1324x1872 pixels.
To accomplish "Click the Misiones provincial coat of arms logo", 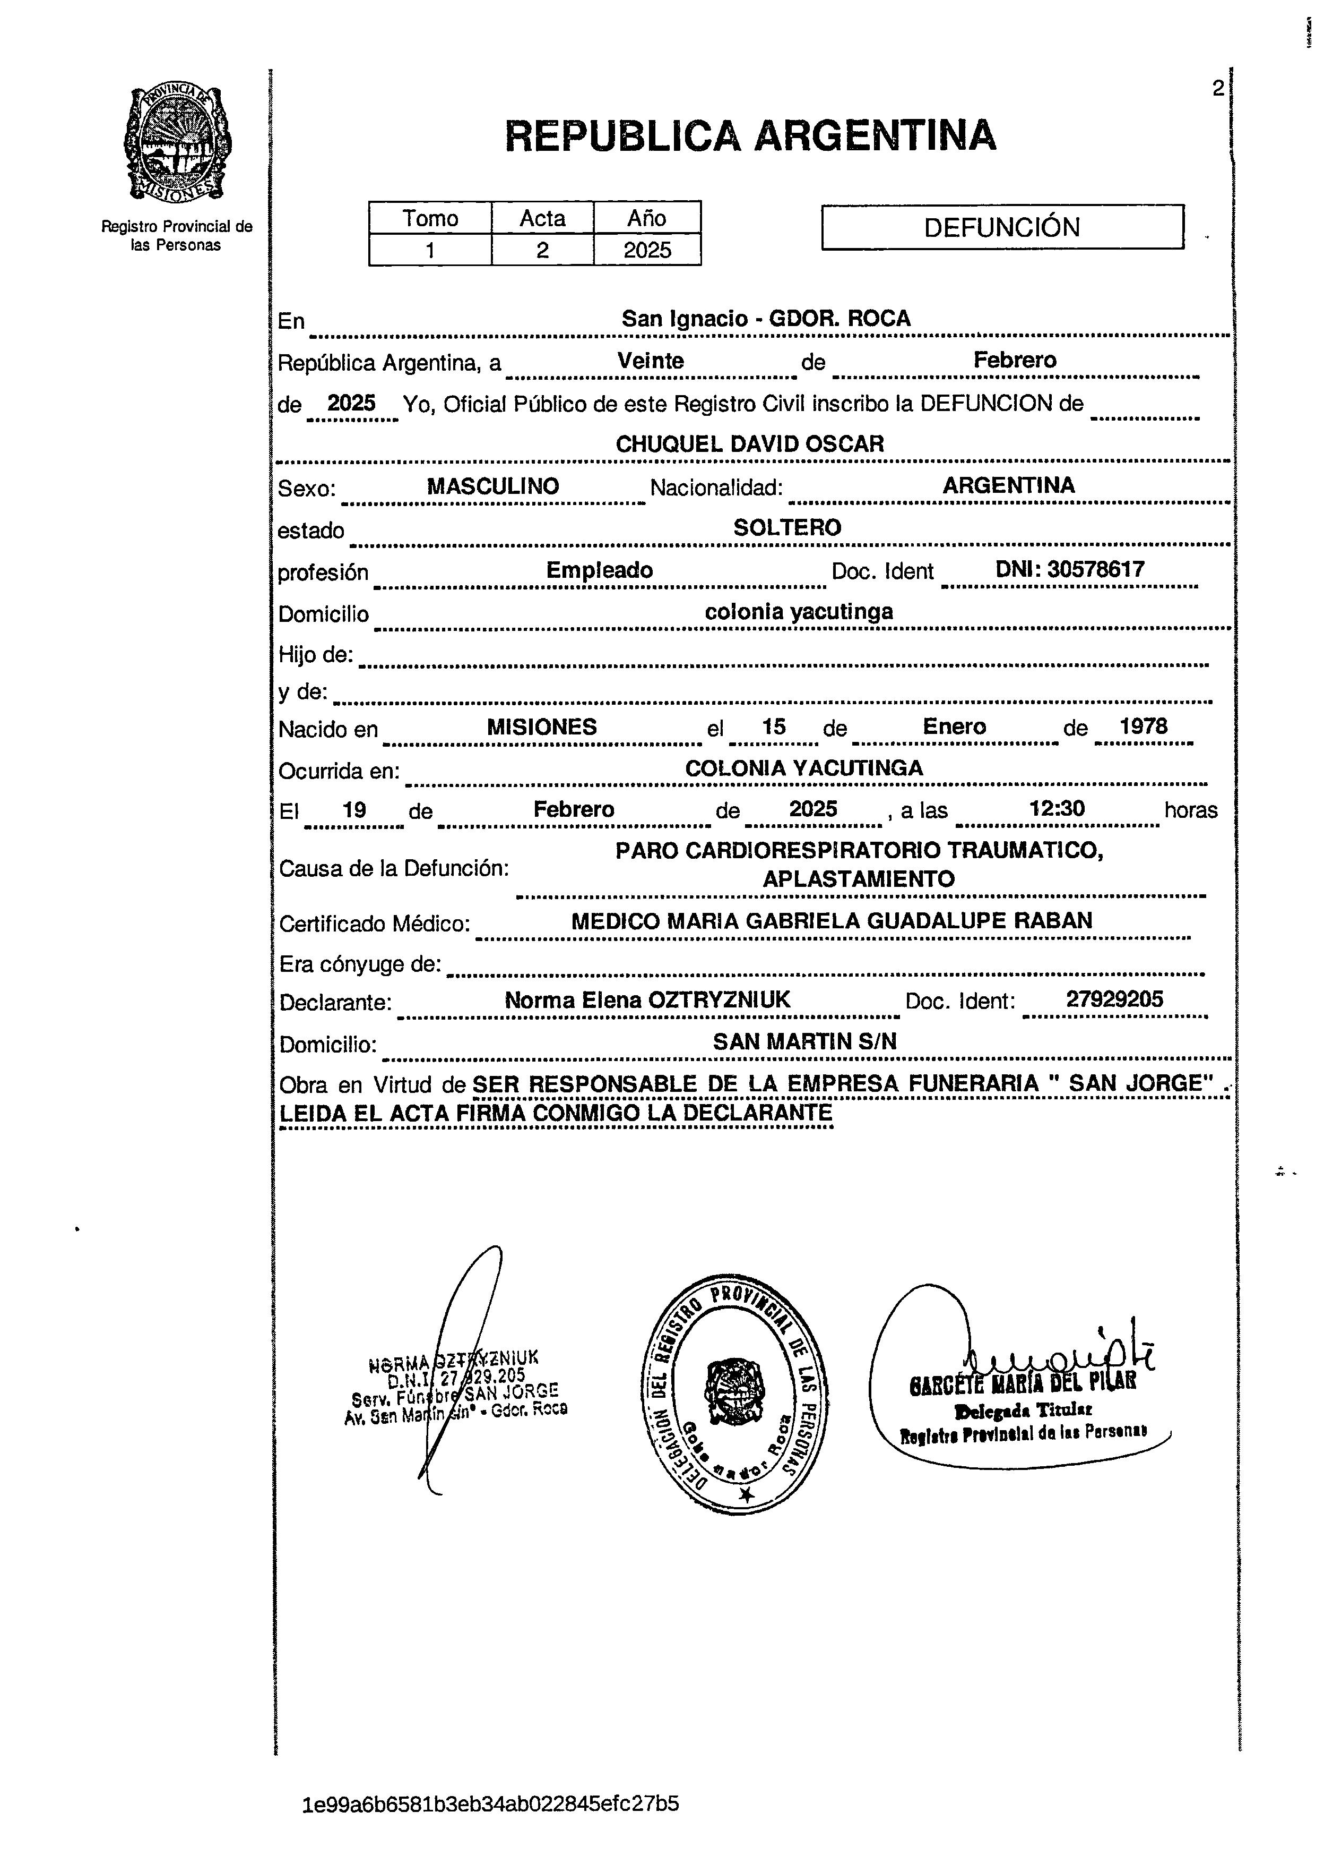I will (x=177, y=144).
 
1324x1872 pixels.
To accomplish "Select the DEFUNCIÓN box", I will (x=1002, y=227).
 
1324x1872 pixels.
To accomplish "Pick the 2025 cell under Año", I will (x=647, y=250).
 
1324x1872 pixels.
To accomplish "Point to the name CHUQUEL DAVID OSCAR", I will (x=749, y=445).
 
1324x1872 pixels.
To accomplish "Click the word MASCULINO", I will (x=492, y=487).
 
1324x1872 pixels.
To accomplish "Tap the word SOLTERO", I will (x=787, y=528).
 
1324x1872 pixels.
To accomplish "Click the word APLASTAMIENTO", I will (x=859, y=879).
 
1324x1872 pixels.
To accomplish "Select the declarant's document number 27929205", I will (x=1114, y=999).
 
